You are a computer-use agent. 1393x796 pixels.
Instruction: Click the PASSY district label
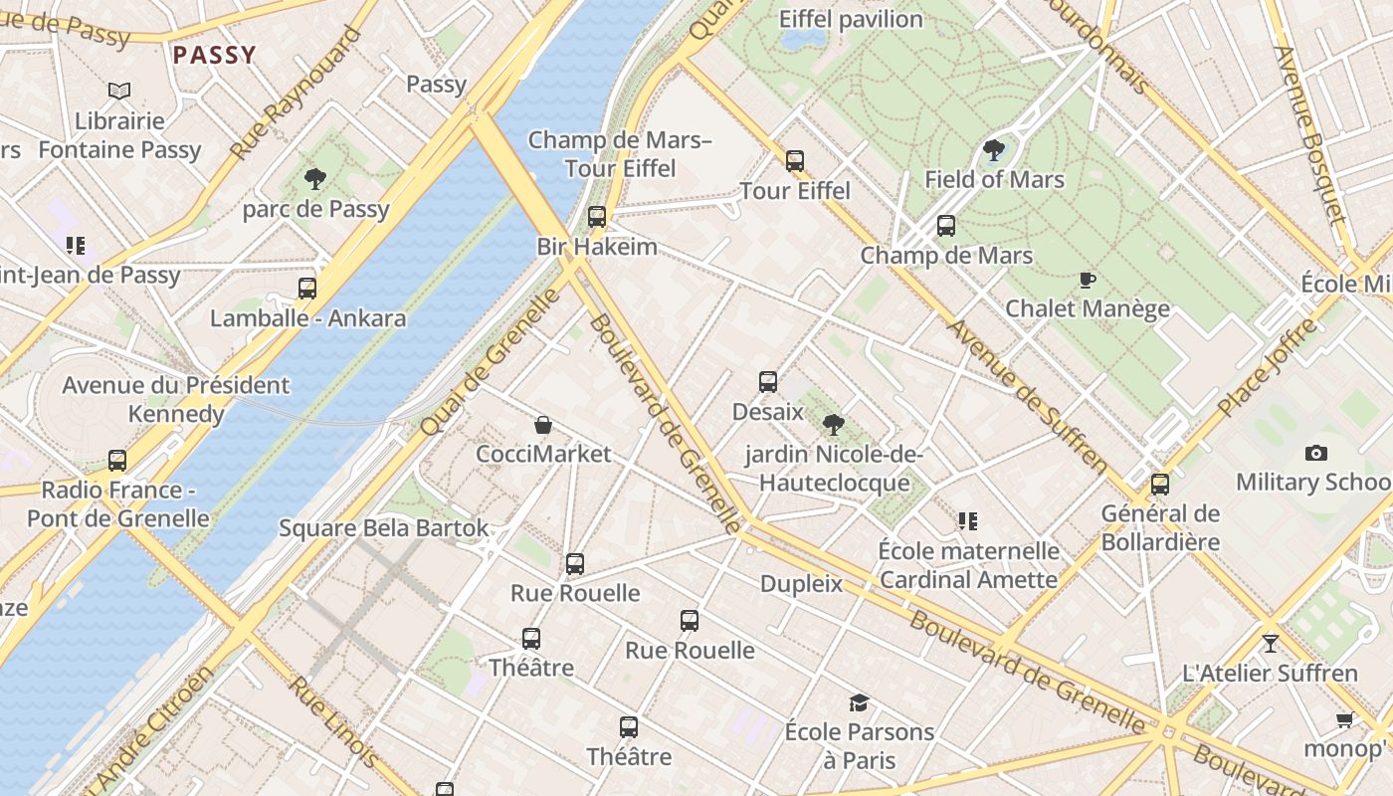click(x=214, y=55)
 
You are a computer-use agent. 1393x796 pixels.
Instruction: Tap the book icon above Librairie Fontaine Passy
click(x=119, y=92)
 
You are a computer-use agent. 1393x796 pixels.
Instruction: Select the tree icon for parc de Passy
click(x=315, y=179)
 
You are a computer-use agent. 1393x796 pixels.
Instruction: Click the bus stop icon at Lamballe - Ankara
click(x=307, y=289)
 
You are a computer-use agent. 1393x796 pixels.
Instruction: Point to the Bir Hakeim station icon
click(x=597, y=216)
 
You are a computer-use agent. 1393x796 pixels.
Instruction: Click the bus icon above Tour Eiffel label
click(x=794, y=160)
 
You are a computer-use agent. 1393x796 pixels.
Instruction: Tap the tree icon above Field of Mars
click(x=993, y=150)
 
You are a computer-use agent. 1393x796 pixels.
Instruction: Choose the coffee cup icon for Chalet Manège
click(x=1087, y=280)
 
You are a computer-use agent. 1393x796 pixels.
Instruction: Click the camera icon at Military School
click(x=1315, y=454)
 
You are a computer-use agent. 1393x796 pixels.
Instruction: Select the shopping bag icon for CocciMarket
click(x=543, y=426)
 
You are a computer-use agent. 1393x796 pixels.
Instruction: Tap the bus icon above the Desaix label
click(x=767, y=382)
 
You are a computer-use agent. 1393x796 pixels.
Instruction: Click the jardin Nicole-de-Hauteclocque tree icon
click(x=834, y=426)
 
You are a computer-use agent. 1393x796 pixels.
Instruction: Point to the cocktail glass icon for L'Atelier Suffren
click(x=1270, y=644)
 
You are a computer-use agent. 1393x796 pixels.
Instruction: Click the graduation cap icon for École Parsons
click(x=859, y=703)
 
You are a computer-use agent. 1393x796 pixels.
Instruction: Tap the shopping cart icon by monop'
click(x=1344, y=719)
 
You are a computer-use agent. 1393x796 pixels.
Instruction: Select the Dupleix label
click(x=801, y=584)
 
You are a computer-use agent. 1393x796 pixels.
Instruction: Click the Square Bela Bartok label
click(x=383, y=528)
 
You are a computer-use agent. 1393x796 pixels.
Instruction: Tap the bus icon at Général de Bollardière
click(x=1159, y=485)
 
